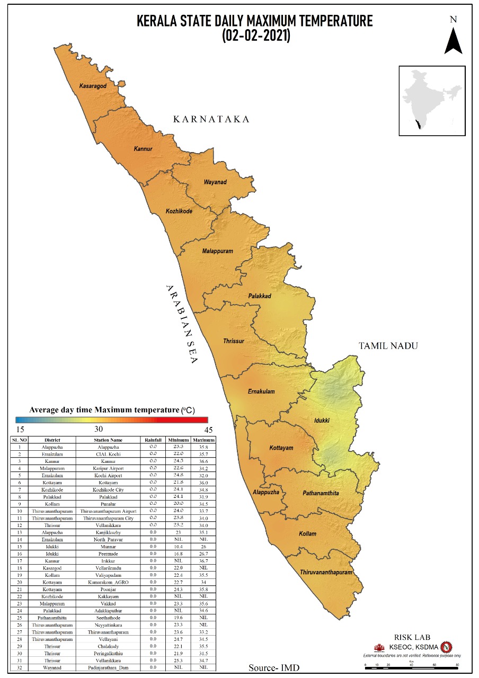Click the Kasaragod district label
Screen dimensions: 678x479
(x=93, y=86)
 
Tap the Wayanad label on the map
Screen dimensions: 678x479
(x=215, y=182)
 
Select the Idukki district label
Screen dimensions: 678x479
(x=321, y=420)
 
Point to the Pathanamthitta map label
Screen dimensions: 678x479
(x=321, y=493)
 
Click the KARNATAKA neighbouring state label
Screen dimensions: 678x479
(x=211, y=119)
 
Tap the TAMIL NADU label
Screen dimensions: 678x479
(x=388, y=346)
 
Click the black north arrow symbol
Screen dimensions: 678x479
(x=453, y=40)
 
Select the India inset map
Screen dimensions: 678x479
(x=432, y=101)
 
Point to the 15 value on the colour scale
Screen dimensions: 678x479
(x=20, y=429)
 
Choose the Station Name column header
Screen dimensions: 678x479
(x=108, y=440)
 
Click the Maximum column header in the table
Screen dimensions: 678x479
(x=204, y=440)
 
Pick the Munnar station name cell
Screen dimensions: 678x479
(x=108, y=546)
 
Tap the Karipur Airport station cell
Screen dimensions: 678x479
(x=108, y=469)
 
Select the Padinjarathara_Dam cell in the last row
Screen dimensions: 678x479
(x=108, y=667)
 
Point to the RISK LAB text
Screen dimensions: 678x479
(x=412, y=637)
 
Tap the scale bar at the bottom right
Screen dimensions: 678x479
(x=411, y=664)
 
